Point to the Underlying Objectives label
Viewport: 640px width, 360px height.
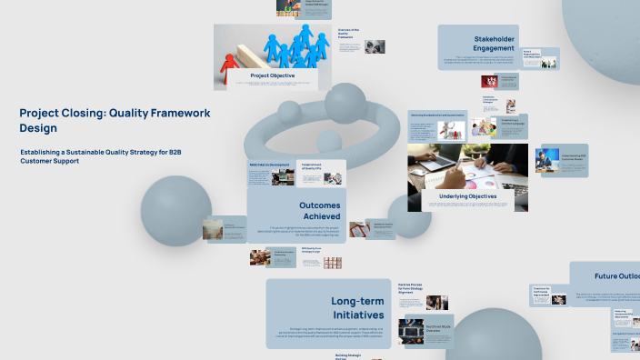(467, 195)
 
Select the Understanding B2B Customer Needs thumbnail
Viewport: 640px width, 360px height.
(561, 160)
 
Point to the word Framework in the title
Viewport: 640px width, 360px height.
(175, 114)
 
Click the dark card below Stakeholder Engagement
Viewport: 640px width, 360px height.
(489, 81)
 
